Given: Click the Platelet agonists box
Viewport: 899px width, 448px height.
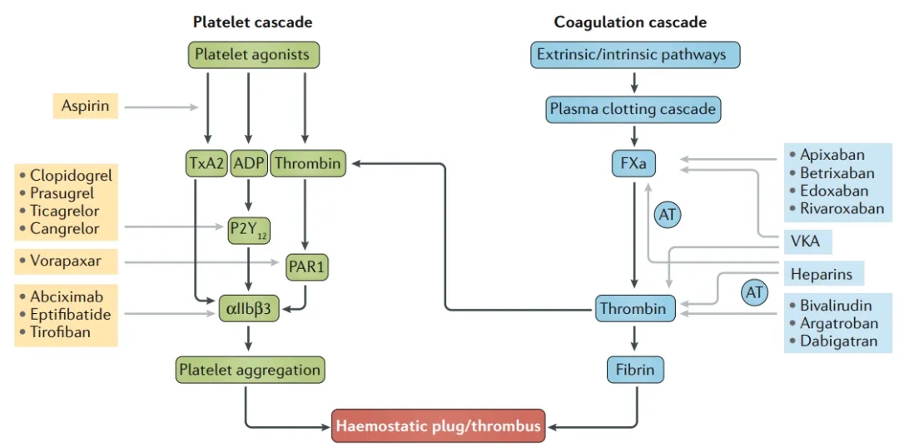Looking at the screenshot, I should coord(251,56).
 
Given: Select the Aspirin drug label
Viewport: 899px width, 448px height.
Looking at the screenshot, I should coord(86,106).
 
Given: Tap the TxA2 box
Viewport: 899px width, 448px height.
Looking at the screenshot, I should coord(206,164).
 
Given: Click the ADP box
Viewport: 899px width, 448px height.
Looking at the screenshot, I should coord(248,164).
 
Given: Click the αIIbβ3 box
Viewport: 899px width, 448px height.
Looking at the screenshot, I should coord(249,311).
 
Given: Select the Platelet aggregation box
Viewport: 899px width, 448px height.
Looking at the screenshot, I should coord(249,370).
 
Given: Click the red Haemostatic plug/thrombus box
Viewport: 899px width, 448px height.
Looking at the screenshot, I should coord(438,426).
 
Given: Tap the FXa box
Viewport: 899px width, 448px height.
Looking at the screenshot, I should coord(633,164).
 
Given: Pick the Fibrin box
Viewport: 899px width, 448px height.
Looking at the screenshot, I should coord(635,370).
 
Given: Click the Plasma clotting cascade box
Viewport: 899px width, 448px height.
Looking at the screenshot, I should coord(633,109).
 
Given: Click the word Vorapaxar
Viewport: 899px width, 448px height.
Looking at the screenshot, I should coord(65,261).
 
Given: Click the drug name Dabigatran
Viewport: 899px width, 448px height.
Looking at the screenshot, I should coord(838,341).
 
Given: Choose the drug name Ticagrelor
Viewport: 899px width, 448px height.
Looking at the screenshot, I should coord(64,212).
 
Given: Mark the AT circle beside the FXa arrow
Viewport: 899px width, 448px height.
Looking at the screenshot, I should coord(668,215).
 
